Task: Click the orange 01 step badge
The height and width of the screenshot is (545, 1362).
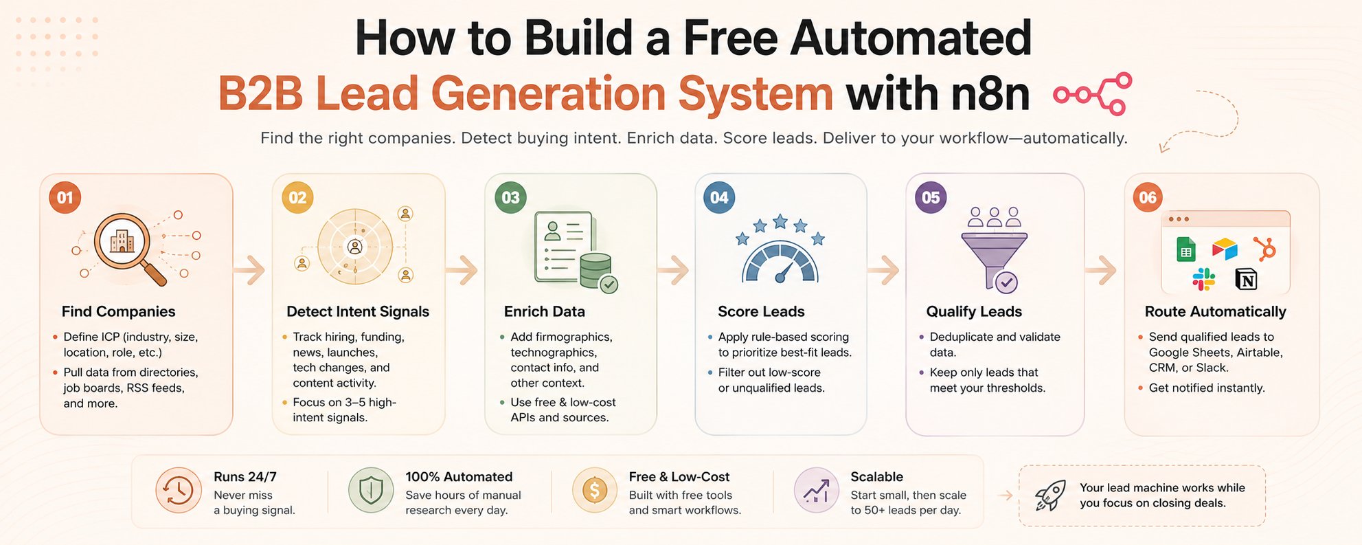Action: click(65, 198)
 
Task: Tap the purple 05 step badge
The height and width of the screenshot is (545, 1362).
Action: click(931, 198)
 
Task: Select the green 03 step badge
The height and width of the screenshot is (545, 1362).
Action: click(510, 198)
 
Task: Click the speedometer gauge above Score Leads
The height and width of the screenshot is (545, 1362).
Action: click(780, 262)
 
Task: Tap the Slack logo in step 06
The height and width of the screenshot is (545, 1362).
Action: click(1203, 280)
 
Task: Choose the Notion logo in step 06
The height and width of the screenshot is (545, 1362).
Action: click(1246, 280)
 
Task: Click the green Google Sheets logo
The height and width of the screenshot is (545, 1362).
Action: click(1185, 249)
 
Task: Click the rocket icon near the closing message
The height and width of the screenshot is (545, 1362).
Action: click(1050, 496)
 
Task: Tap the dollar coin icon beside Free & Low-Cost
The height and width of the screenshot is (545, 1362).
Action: click(594, 491)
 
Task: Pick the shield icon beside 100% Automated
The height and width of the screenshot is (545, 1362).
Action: click(371, 491)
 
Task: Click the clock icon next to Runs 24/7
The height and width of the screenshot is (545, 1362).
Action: click(178, 491)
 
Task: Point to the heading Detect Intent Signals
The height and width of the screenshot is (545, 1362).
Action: click(358, 311)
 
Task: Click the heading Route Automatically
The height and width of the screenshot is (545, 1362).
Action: click(1215, 311)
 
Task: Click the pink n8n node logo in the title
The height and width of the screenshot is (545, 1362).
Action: click(1093, 93)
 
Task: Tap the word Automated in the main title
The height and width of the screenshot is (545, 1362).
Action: click(911, 38)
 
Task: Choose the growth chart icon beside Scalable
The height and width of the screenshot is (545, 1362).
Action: click(816, 491)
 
